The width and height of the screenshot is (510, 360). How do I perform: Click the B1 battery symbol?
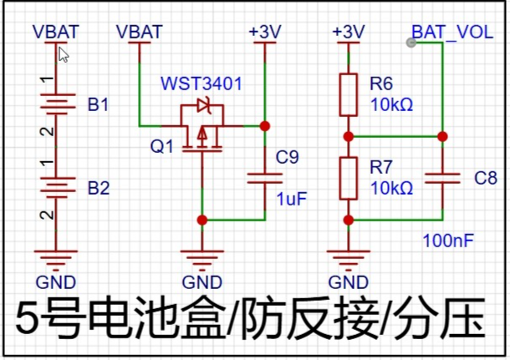58,104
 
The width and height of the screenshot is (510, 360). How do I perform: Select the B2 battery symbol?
58,187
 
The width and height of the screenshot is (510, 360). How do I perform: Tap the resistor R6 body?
349,95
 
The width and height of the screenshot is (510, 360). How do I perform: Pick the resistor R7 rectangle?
349,178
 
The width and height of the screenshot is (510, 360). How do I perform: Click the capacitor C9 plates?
265,178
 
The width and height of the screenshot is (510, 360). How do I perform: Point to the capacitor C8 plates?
442,178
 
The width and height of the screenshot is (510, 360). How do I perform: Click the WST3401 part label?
201,84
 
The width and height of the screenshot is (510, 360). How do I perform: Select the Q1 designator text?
161,146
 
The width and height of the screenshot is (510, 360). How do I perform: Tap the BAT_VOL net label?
452,33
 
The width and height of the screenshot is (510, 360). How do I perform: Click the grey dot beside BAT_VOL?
411,43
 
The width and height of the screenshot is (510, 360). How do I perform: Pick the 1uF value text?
292,199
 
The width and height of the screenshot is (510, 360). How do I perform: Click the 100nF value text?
448,241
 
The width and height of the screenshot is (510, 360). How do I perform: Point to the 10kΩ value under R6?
392,105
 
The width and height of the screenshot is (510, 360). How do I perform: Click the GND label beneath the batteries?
56,282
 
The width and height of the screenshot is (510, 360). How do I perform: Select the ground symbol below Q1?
202,261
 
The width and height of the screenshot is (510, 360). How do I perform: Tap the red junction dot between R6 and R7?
349,137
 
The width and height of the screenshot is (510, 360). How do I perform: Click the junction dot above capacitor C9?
265,126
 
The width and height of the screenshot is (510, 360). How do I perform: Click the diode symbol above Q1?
204,105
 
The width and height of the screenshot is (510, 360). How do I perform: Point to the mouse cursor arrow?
63,54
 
